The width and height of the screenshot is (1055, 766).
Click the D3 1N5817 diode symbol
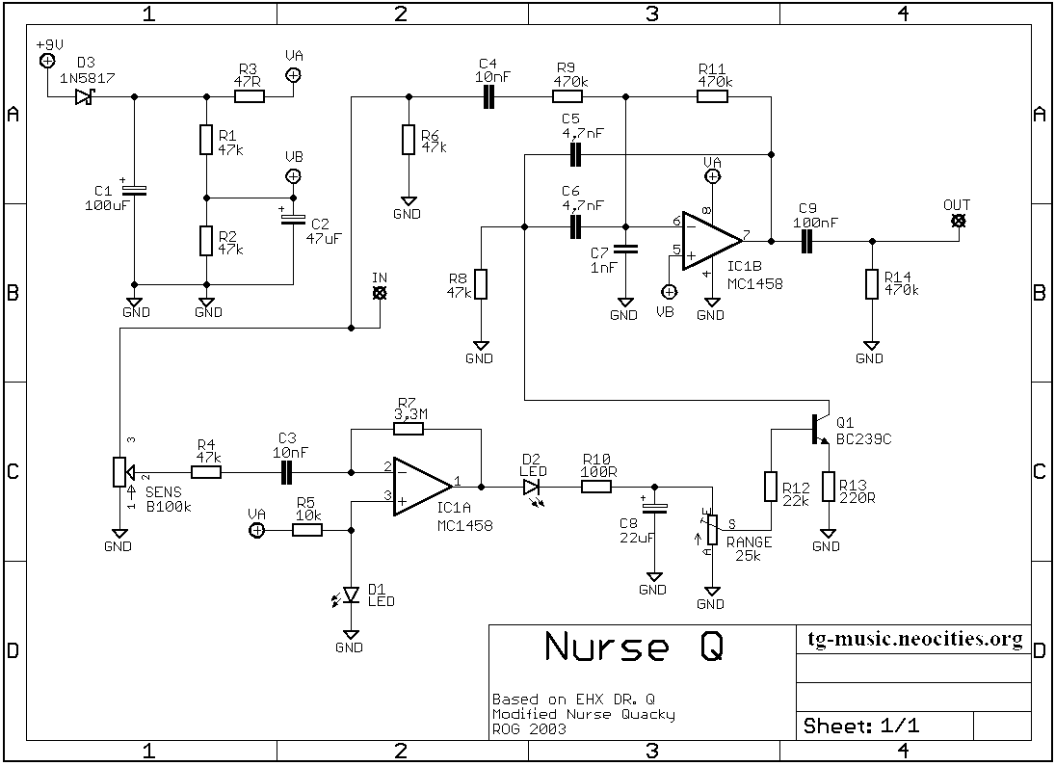(x=84, y=97)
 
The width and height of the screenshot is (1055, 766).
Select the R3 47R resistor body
(x=250, y=97)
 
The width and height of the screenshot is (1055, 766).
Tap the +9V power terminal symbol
(x=48, y=62)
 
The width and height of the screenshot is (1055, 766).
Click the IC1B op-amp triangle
(x=713, y=240)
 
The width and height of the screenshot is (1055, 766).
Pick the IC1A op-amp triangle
(x=423, y=487)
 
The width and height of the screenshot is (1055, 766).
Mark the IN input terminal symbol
(x=381, y=293)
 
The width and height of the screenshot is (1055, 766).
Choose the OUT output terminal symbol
(x=959, y=221)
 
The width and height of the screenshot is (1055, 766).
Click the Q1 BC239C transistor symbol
(x=820, y=430)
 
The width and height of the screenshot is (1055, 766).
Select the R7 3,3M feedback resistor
(x=409, y=429)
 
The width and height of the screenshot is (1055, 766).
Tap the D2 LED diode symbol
(x=532, y=488)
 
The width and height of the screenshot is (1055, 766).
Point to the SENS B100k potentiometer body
(x=119, y=472)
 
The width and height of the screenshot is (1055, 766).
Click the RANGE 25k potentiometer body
(x=712, y=530)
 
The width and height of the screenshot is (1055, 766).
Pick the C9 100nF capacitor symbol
(x=806, y=241)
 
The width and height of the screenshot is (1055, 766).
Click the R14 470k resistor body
(x=872, y=284)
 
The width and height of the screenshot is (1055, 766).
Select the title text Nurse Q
(x=635, y=647)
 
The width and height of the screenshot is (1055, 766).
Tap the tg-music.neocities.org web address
(x=915, y=639)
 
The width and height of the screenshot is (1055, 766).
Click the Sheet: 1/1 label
(x=861, y=726)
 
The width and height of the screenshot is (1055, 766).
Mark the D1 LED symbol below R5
(x=349, y=595)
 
